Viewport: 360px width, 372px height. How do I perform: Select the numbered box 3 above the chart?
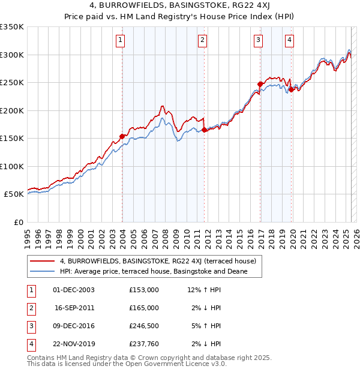pos(258,40)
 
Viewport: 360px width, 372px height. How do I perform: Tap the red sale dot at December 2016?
pos(260,84)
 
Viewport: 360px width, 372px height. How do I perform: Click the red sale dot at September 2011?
pos(205,130)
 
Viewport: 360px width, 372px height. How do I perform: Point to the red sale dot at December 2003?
pos(122,136)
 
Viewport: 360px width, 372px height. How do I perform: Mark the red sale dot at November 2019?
pos(292,89)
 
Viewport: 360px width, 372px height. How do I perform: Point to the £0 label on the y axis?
pos(18,223)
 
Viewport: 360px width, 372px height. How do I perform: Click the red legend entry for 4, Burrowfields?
pos(158,261)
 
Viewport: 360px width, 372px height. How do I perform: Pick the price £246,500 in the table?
pos(144,326)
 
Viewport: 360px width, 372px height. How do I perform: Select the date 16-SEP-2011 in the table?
pos(74,308)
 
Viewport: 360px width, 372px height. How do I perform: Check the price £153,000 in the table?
pos(144,290)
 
